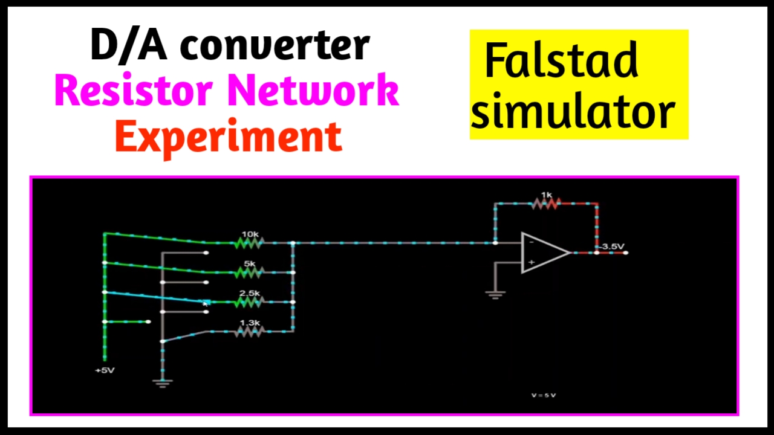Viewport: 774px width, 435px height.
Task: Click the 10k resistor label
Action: [x=250, y=234]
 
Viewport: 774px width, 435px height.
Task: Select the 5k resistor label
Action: [x=250, y=263]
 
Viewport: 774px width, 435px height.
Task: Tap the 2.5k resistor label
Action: [x=249, y=293]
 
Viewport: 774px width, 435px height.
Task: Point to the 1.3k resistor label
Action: [x=249, y=323]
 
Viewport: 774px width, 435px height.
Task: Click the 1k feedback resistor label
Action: [x=546, y=195]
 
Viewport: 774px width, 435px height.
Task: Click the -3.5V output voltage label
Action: [x=612, y=246]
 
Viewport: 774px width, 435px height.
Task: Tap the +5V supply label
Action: [x=105, y=370]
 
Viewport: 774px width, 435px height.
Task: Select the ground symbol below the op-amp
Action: [x=495, y=295]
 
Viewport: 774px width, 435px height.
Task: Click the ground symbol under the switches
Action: [x=163, y=382]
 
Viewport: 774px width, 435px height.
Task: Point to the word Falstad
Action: [x=561, y=62]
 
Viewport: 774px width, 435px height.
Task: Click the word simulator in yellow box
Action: [x=573, y=112]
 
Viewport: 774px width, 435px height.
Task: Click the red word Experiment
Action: [x=229, y=138]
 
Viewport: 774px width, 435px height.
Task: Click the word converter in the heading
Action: [x=275, y=45]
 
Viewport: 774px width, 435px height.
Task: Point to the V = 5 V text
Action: [x=544, y=395]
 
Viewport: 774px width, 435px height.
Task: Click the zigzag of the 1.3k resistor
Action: [x=249, y=332]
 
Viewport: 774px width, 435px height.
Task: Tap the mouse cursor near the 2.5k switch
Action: [x=206, y=303]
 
